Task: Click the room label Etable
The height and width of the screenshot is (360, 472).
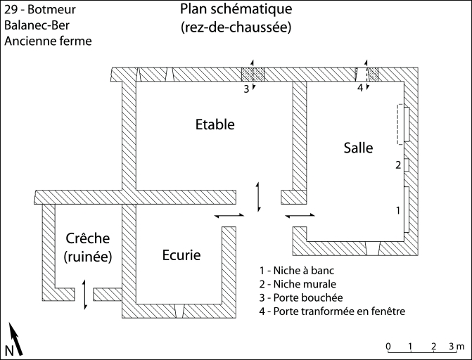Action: [x=215, y=124]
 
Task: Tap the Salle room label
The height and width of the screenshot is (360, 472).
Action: [x=358, y=148]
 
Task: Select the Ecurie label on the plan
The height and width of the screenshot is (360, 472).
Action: [x=181, y=255]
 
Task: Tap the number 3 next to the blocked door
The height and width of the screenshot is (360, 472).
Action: [x=246, y=89]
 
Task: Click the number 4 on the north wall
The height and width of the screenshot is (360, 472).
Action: [x=360, y=89]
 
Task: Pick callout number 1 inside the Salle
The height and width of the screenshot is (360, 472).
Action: [x=399, y=210]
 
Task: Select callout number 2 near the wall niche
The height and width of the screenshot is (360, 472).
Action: [x=398, y=166]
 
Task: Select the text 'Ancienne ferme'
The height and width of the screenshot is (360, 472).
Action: [x=49, y=41]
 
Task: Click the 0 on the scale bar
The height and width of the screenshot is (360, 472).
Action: [x=389, y=347]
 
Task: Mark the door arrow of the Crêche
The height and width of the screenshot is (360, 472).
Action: [x=85, y=294]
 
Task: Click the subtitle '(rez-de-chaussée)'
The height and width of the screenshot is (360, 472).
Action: [x=236, y=27]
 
